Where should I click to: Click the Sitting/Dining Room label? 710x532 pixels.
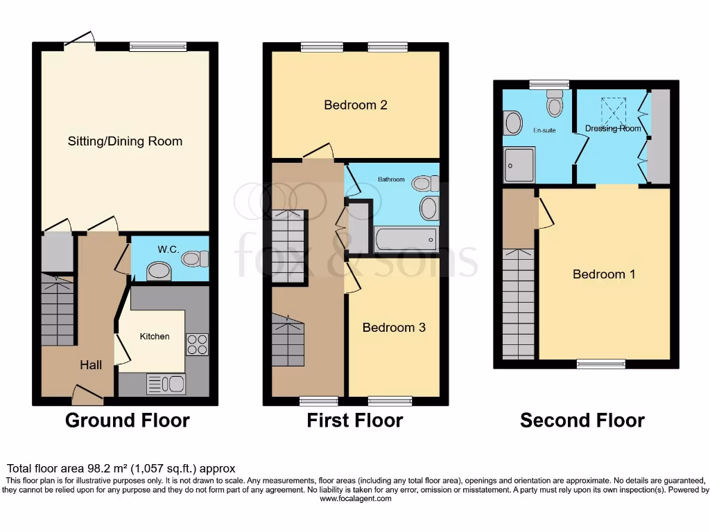[125, 141]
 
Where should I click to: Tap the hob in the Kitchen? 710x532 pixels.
[196, 344]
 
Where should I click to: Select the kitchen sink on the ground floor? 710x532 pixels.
[166, 384]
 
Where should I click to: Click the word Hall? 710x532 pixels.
[90, 364]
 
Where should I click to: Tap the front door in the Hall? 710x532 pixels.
[88, 397]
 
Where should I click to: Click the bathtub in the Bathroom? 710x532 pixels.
[406, 240]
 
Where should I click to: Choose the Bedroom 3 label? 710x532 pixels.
[394, 327]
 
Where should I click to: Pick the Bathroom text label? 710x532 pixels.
[390, 180]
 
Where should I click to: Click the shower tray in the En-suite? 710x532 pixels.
[519, 165]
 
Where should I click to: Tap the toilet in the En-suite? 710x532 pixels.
[555, 105]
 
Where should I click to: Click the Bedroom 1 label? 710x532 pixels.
[603, 274]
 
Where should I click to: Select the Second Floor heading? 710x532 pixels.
[582, 420]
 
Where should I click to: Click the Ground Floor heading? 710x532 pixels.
[127, 420]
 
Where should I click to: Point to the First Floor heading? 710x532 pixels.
[354, 420]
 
